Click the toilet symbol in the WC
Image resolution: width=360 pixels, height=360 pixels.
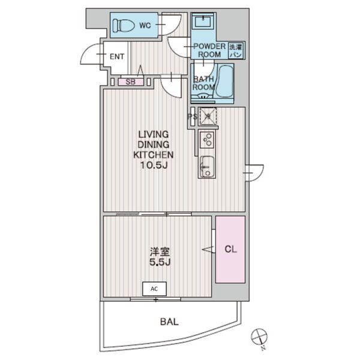click(123, 25)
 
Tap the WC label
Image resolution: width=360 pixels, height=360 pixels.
click(145, 25)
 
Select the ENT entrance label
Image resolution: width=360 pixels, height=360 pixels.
click(117, 56)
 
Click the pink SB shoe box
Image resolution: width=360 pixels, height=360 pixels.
click(131, 82)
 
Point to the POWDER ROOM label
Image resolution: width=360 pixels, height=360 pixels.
click(209, 50)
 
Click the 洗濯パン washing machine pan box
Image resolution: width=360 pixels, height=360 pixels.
click(236, 51)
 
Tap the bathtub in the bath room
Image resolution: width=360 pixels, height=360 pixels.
click(225, 81)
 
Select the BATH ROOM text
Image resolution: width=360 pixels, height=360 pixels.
click(203, 83)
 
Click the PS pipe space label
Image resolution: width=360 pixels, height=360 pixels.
click(193, 116)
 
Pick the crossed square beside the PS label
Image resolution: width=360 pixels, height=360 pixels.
click(208, 116)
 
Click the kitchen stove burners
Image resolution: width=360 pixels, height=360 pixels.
click(208, 140)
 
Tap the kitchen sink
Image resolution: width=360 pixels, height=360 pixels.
click(207, 166)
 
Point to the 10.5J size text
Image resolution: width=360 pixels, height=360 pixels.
click(154, 165)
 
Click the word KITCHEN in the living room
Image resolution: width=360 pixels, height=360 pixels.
click(154, 155)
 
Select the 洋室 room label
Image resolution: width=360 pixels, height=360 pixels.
click(160, 252)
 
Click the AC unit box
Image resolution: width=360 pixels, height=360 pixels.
click(154, 289)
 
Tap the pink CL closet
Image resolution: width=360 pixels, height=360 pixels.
click(230, 250)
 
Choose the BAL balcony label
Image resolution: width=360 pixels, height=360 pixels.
click(169, 322)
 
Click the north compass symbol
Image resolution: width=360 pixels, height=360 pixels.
click(259, 337)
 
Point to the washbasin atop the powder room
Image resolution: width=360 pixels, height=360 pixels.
click(203, 21)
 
